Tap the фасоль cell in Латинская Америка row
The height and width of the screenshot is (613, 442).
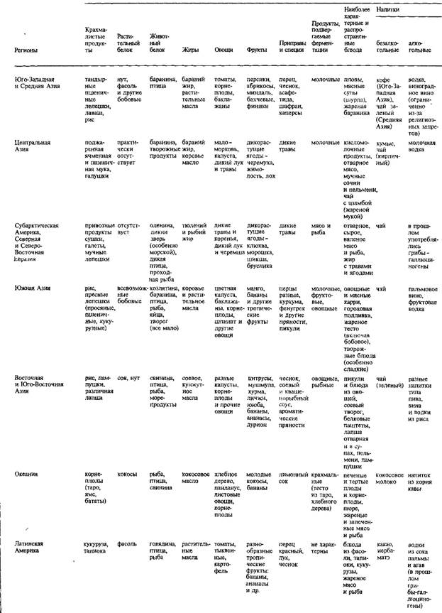tap(126, 543)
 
